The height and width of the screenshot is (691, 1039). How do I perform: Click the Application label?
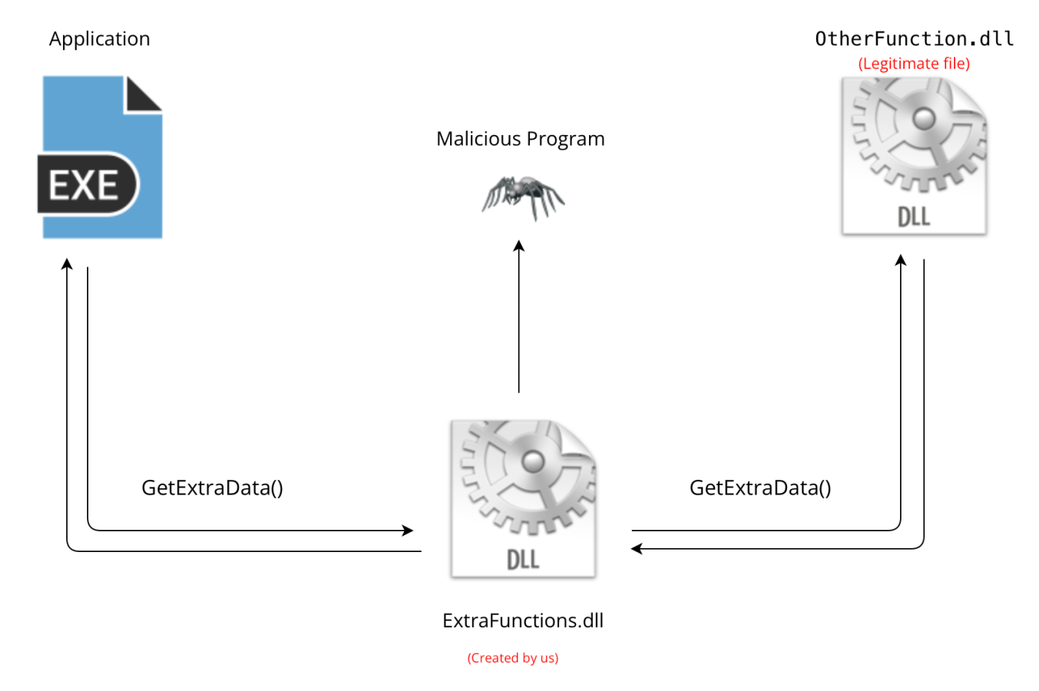coord(100,39)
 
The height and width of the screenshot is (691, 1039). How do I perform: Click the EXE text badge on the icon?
coord(84,185)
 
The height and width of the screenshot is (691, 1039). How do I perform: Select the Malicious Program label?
coord(520,139)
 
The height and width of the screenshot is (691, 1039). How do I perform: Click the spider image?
coord(523,197)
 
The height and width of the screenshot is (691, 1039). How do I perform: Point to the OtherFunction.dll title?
coord(914,39)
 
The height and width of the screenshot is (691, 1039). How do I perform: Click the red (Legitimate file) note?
coord(914,64)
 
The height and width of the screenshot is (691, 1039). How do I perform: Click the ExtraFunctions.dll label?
coord(523,620)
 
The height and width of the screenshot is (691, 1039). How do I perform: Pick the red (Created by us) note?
coord(513,658)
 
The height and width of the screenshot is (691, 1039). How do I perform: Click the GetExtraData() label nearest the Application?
coord(212,488)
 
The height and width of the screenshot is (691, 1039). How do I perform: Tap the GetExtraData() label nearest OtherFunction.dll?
coord(760,488)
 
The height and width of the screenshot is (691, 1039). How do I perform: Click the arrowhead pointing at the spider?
coord(519,246)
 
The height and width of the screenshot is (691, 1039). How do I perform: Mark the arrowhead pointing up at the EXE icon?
coord(68,264)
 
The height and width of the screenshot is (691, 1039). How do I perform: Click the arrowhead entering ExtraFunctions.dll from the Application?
coord(408,530)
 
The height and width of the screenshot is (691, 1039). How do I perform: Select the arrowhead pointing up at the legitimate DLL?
coord(901,260)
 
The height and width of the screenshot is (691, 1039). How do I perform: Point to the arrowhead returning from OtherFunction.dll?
coord(637,548)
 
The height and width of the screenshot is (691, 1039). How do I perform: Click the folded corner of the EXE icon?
coord(144,94)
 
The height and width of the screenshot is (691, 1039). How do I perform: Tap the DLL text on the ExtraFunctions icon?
coord(523,559)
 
